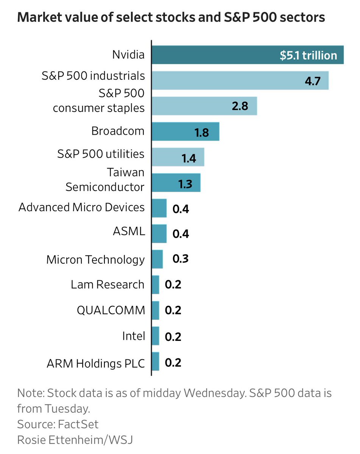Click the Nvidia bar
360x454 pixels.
tap(212, 55)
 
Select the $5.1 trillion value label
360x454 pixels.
tap(308, 56)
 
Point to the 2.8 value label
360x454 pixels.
tap(240, 106)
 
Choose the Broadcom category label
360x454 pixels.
tap(118, 131)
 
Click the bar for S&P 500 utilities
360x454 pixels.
tap(178, 157)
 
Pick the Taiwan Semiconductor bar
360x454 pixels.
tap(176, 183)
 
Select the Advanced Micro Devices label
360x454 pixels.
tap(81, 207)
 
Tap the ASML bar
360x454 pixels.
tap(159, 233)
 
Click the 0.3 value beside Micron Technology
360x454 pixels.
tap(181, 259)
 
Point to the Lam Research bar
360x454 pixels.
tap(155, 285)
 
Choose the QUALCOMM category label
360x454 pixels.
tap(111, 310)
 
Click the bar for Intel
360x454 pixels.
tap(155, 336)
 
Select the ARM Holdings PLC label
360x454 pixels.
tap(96, 364)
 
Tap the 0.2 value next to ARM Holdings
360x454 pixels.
tap(173, 362)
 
